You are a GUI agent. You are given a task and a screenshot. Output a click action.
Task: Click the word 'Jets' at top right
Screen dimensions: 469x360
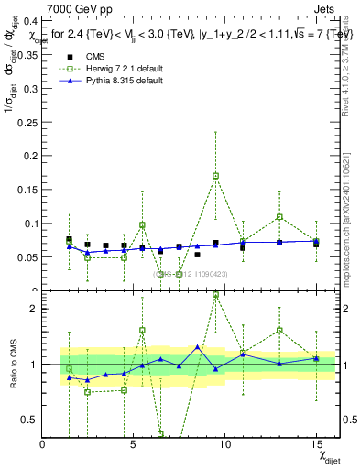point(325,8)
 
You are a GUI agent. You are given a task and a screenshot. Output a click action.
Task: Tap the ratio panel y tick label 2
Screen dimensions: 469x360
point(31,309)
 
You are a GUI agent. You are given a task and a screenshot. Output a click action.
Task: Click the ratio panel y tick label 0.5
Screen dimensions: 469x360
point(27,420)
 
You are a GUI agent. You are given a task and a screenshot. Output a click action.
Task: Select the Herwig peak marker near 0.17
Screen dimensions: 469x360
point(215,176)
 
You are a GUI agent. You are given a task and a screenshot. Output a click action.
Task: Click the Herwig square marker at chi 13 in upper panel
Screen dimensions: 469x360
point(279,217)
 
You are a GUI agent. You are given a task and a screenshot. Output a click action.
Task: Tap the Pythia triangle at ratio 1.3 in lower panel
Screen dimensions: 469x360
point(197,347)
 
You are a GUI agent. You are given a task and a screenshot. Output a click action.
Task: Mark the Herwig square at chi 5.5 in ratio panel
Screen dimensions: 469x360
point(143,330)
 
